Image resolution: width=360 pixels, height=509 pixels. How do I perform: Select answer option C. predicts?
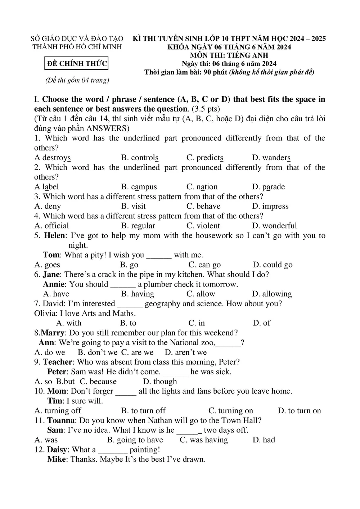pos(205,158)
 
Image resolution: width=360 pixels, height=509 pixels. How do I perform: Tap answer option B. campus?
pos(139,187)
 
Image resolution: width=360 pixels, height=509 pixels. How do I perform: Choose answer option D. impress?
pos(270,206)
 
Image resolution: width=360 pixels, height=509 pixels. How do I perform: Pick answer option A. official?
pos(51,226)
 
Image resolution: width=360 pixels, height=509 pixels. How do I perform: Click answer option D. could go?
pos(273,265)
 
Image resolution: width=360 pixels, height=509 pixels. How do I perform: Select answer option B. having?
pos(138,294)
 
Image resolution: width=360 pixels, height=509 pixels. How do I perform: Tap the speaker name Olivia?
pos(45,314)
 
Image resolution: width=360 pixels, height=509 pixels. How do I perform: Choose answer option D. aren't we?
pos(186,352)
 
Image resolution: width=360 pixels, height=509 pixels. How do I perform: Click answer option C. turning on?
pos(231,411)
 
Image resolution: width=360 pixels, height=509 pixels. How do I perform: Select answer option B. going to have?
pos(135,440)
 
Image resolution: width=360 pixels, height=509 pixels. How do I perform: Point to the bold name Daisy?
pos(57,450)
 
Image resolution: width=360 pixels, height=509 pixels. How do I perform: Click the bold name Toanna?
pos(61,420)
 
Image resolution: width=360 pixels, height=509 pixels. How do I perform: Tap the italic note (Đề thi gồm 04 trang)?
pos(77,80)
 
